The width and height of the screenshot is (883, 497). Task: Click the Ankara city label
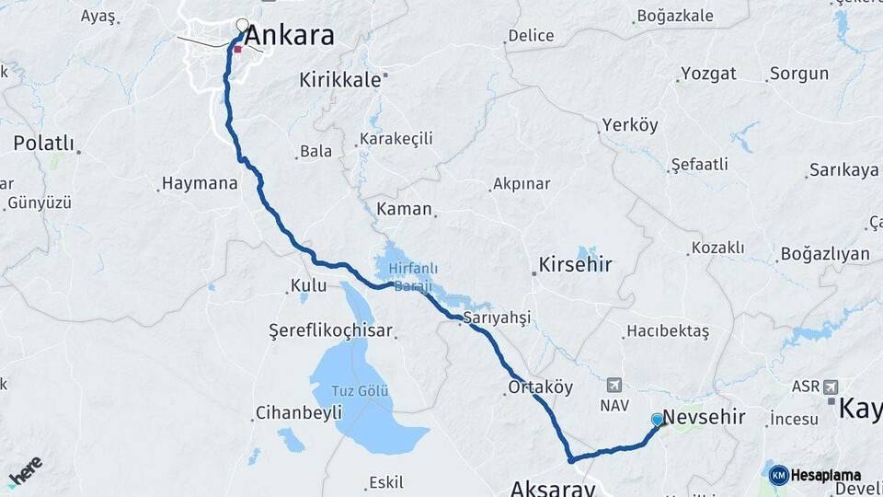pyautogui.click(x=290, y=37)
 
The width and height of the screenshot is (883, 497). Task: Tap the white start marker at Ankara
pyautogui.click(x=243, y=26)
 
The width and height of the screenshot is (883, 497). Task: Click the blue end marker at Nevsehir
pyautogui.click(x=657, y=420)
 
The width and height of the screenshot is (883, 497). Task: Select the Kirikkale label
pyautogui.click(x=339, y=80)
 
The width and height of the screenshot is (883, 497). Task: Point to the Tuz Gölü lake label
pyautogui.click(x=356, y=391)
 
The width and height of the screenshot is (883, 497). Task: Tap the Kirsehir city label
pyautogui.click(x=577, y=265)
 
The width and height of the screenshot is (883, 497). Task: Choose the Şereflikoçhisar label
pyautogui.click(x=330, y=330)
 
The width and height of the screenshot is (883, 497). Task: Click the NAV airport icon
pyautogui.click(x=614, y=385)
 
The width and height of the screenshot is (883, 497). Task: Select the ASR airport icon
pyautogui.click(x=831, y=387)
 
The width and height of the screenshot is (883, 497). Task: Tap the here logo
pyautogui.click(x=25, y=470)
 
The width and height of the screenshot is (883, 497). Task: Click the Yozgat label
pyautogui.click(x=708, y=75)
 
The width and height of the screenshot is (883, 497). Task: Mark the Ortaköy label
pyautogui.click(x=540, y=388)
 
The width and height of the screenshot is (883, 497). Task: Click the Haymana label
pyautogui.click(x=200, y=183)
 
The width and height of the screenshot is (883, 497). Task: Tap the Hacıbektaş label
pyautogui.click(x=668, y=331)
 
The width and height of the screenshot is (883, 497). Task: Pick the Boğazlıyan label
pyautogui.click(x=825, y=254)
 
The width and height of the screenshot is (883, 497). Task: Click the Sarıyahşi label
pyautogui.click(x=497, y=318)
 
